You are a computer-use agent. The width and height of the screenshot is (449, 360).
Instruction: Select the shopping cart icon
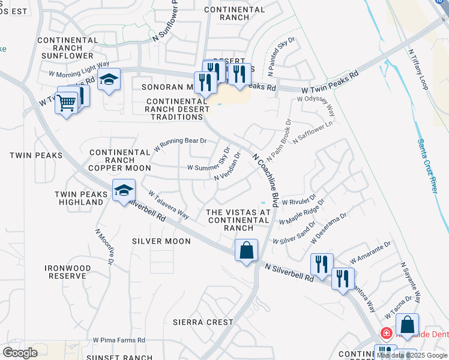pyautogui.click(x=67, y=103)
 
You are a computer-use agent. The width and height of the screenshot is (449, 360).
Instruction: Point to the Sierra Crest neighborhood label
pyautogui.click(x=203, y=322)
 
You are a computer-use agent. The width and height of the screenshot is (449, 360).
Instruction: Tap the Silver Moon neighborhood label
pyautogui.click(x=161, y=241)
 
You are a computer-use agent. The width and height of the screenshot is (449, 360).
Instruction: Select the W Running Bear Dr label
pyautogui.click(x=180, y=145)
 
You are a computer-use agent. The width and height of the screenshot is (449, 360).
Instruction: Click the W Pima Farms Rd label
pyautogui.click(x=119, y=340)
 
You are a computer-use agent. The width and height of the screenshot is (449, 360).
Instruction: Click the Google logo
pyautogui.click(x=20, y=352)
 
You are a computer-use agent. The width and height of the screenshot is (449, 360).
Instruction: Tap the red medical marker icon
pyautogui.click(x=387, y=332)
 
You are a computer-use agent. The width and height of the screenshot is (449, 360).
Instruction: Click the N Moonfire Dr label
pyautogui.click(x=104, y=247)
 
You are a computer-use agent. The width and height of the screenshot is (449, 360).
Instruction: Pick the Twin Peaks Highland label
pyautogui.click(x=79, y=198)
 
